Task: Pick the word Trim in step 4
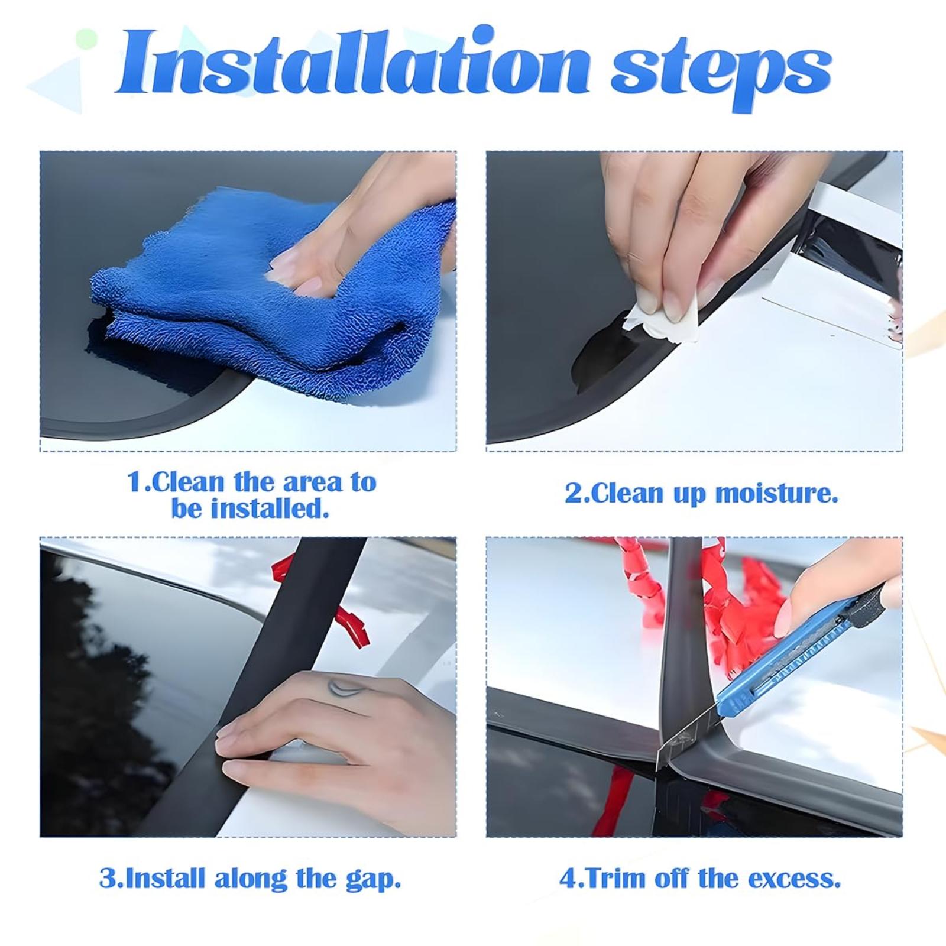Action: (x=611, y=879)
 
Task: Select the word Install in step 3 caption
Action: (x=166, y=878)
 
